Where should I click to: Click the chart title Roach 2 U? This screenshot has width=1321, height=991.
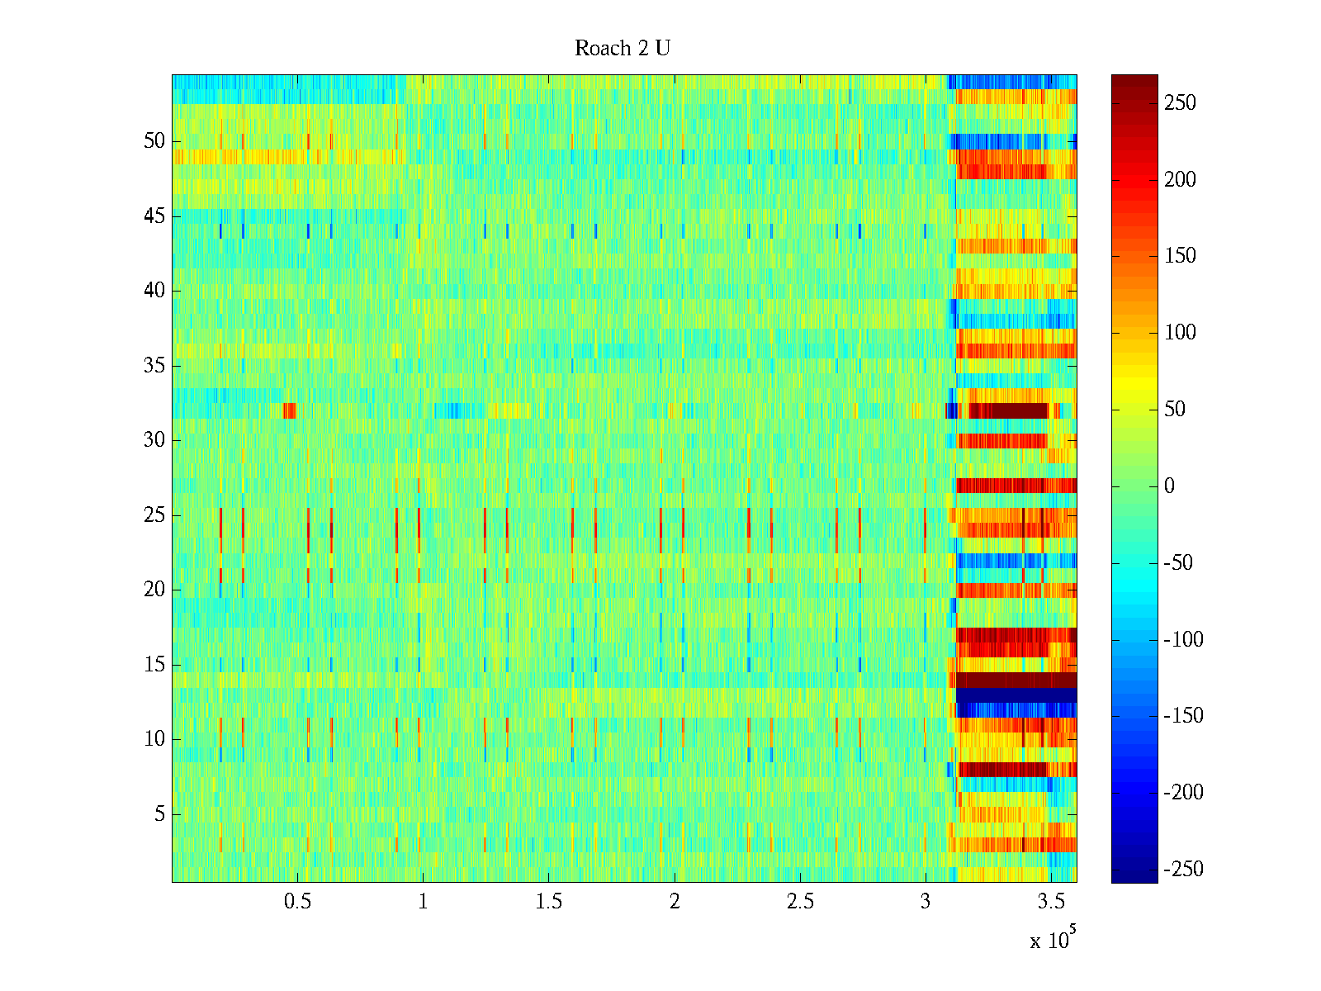point(623,49)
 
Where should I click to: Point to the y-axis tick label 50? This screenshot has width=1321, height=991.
point(154,141)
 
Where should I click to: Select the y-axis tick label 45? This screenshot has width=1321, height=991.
point(154,216)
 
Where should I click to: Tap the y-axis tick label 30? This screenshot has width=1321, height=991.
point(154,440)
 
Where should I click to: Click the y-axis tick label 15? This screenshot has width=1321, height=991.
point(154,665)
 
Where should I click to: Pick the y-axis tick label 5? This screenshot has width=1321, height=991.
point(159,814)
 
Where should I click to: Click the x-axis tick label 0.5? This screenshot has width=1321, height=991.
point(297,902)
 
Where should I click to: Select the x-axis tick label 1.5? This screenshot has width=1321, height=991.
point(549,902)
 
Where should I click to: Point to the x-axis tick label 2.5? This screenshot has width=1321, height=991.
point(800,902)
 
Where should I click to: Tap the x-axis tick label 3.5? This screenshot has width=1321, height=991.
point(1051,902)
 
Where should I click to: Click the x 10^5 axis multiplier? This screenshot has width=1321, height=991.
point(1053,939)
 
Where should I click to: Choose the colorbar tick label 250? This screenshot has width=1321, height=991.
point(1180,103)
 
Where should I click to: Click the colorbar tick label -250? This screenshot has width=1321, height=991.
point(1183,870)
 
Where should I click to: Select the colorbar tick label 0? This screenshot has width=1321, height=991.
point(1169,486)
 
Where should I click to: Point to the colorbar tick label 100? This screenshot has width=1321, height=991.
point(1180,333)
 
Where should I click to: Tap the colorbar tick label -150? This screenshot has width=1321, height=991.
point(1183,716)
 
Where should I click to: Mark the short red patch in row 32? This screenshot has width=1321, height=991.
point(289,410)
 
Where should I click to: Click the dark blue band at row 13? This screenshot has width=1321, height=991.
point(1016,695)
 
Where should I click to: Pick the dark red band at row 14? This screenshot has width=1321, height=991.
point(1016,680)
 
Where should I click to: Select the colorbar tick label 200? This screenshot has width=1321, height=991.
point(1180,180)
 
